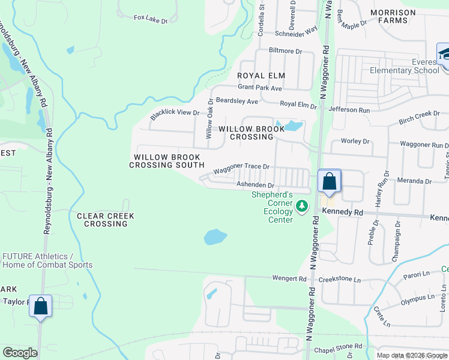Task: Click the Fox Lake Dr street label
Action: [x=150, y=19]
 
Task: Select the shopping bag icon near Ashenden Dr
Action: [x=329, y=181]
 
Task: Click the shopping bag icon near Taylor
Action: [x=40, y=306]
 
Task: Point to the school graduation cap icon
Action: [x=445, y=55]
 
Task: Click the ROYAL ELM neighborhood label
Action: [x=261, y=76]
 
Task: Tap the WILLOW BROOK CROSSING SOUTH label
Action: [x=169, y=161]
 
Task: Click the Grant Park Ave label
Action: [x=259, y=88]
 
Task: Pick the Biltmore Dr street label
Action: [x=286, y=51]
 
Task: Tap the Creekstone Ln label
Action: [x=340, y=280]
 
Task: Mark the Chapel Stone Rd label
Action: [x=340, y=346]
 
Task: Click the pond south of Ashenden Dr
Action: [x=215, y=237]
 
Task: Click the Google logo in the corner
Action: [x=20, y=353]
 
